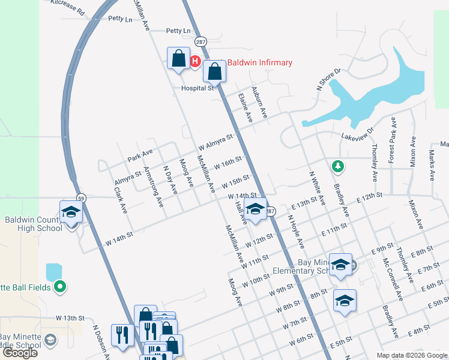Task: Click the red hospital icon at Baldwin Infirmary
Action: coord(194,61)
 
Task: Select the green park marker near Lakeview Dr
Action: coord(339,165)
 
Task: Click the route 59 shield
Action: coord(80,197)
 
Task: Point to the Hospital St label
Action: coord(197,88)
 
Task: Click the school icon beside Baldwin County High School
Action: coord(71,212)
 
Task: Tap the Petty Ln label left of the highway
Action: coord(120,19)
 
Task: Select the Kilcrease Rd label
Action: coord(68,7)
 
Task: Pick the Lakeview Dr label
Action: coord(358,134)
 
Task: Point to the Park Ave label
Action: coord(140,155)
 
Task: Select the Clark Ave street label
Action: coord(121,200)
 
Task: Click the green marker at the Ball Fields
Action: coord(59,287)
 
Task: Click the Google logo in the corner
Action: coord(20,353)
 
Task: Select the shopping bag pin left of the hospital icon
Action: coord(178,59)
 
